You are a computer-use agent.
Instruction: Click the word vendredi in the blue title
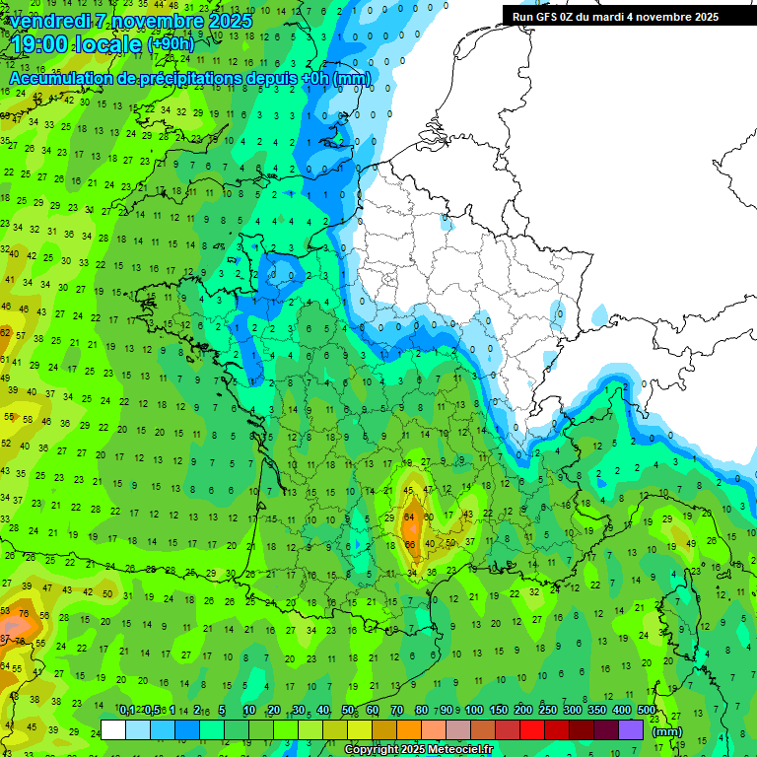pyautogui.click(x=49, y=21)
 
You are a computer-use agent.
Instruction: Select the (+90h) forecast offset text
pyautogui.click(x=171, y=44)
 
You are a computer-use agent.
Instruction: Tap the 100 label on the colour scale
pyautogui.click(x=474, y=711)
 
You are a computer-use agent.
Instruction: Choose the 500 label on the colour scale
pyautogui.click(x=646, y=711)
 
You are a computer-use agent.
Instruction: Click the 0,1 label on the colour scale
pyautogui.click(x=127, y=711)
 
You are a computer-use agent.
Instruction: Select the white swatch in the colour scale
pyautogui.click(x=113, y=729)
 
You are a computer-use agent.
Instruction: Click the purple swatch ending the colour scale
pyautogui.click(x=632, y=729)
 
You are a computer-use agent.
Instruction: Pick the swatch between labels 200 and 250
pyautogui.click(x=533, y=729)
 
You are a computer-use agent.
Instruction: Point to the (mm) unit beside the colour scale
pyautogui.click(x=667, y=731)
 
